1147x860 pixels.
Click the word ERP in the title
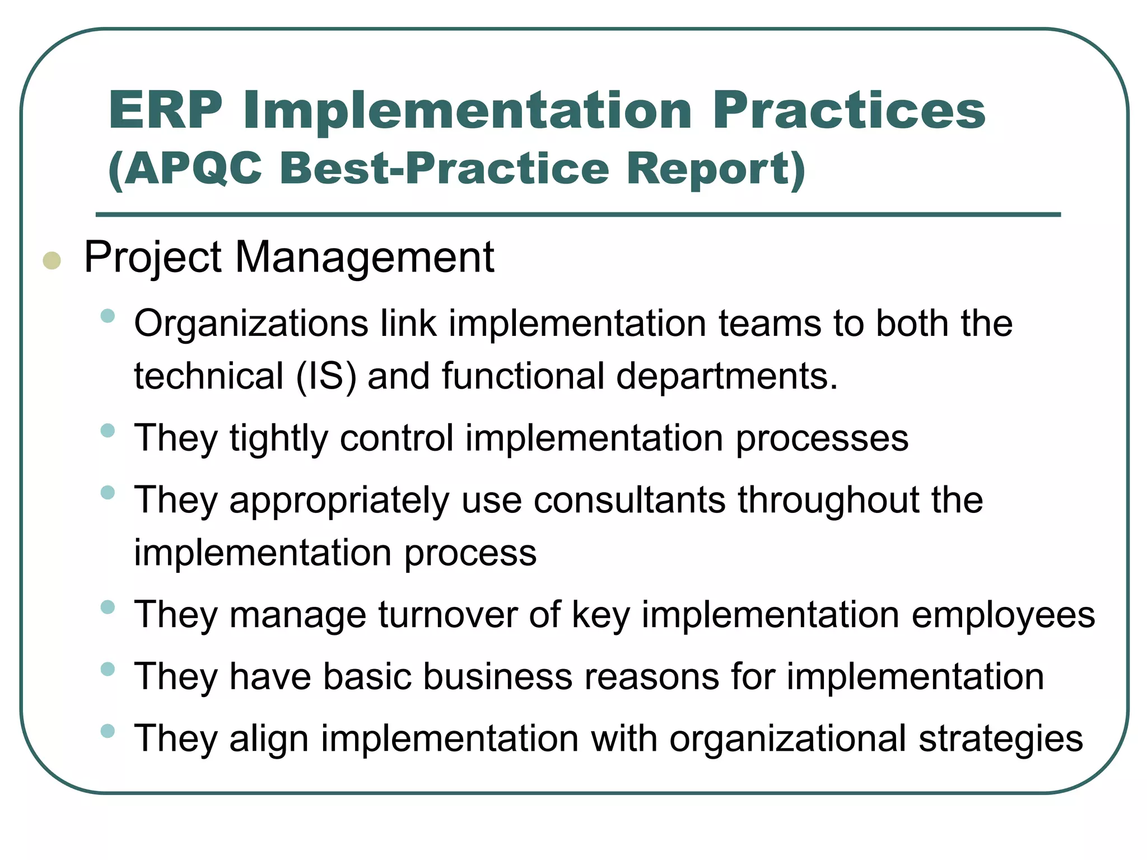[166, 110]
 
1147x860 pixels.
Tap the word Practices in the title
[848, 110]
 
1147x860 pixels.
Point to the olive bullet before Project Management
[52, 261]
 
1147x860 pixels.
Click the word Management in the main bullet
[364, 258]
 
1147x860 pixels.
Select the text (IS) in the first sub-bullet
[326, 376]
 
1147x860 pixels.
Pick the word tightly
[279, 438]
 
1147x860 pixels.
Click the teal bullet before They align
[108, 731]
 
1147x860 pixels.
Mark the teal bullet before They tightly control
[108, 431]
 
